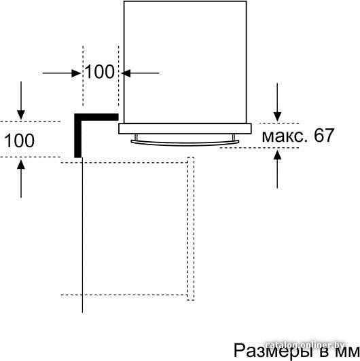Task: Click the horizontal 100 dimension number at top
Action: point(100,72)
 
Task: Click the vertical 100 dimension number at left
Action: point(20,140)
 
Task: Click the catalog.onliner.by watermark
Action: point(305,345)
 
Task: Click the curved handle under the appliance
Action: point(185,143)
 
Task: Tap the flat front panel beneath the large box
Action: point(185,129)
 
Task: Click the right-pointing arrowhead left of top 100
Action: point(76,73)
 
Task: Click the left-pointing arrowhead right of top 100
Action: point(126,73)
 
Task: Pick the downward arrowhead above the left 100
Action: point(21,115)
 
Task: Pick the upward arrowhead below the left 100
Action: point(21,165)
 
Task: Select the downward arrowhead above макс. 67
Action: point(277,117)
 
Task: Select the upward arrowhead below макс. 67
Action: point(277,155)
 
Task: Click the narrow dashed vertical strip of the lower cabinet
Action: point(191,229)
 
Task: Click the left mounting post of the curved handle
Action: point(136,137)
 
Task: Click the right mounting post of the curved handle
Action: point(234,137)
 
